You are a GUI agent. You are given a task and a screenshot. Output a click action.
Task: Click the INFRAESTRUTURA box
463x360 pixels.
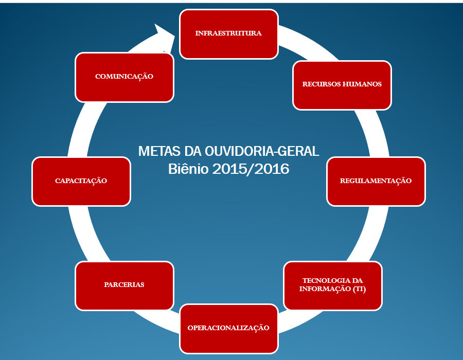[229, 34]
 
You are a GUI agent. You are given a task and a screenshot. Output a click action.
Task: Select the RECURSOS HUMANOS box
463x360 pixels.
[342, 85]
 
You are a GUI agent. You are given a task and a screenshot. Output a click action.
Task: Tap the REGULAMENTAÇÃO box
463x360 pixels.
[376, 182]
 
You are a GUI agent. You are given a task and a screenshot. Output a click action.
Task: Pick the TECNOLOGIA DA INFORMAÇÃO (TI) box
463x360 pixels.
[333, 285]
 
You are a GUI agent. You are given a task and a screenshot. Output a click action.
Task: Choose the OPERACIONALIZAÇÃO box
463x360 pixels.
[229, 329]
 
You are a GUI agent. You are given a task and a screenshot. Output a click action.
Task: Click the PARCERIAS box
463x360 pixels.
[124, 285]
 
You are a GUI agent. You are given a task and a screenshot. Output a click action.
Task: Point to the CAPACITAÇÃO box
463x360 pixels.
[81, 182]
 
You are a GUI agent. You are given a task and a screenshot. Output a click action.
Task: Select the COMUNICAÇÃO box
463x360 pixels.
[124, 77]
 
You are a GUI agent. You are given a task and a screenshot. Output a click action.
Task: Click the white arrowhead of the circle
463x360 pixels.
[165, 38]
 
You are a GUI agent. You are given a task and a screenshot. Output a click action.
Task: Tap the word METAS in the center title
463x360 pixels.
[159, 151]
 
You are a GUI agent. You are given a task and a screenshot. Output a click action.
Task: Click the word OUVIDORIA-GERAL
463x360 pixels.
[262, 151]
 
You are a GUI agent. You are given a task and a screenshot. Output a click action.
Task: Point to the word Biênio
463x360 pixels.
[188, 169]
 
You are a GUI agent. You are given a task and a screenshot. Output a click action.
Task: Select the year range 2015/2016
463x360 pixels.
[251, 169]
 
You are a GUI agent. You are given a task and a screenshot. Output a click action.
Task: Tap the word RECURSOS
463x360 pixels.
[321, 84]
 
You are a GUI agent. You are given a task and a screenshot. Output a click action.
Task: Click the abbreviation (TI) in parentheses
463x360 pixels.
[359, 289]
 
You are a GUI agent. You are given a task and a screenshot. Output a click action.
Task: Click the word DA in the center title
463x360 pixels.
[192, 151]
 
